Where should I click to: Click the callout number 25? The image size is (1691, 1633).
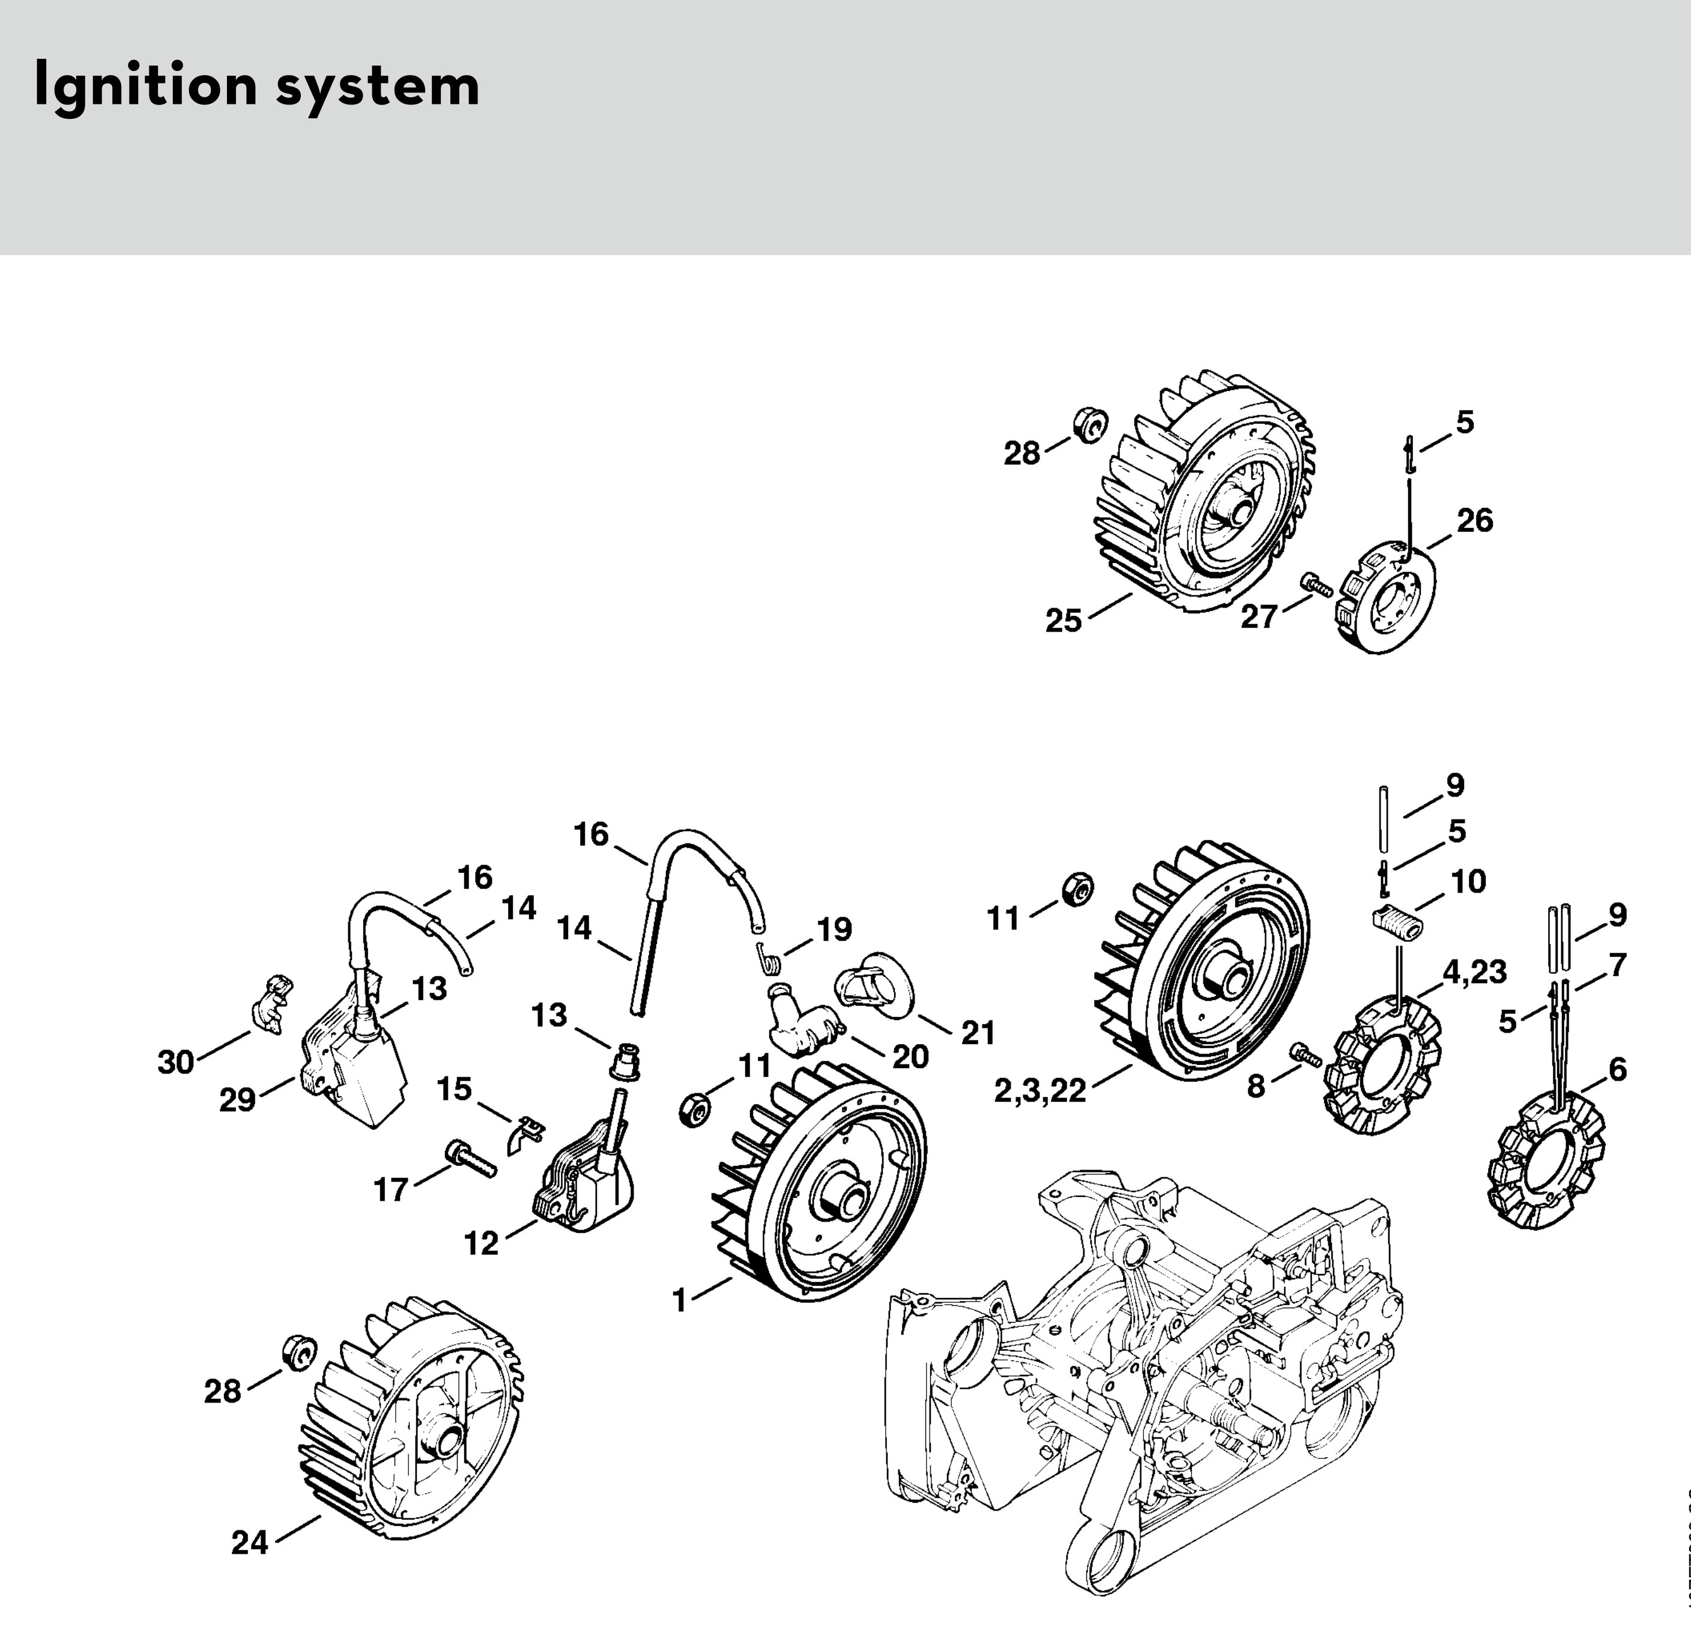click(x=1063, y=620)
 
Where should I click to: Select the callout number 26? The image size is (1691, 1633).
click(x=1474, y=521)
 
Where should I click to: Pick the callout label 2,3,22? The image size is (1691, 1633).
click(x=1039, y=1091)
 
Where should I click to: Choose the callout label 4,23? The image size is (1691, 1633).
click(x=1474, y=972)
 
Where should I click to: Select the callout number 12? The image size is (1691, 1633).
click(x=482, y=1243)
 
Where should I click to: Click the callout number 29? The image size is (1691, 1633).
click(x=237, y=1100)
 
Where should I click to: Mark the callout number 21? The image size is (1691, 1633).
click(x=978, y=1033)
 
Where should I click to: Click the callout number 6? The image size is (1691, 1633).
click(x=1616, y=1070)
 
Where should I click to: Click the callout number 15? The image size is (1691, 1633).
click(x=455, y=1088)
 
